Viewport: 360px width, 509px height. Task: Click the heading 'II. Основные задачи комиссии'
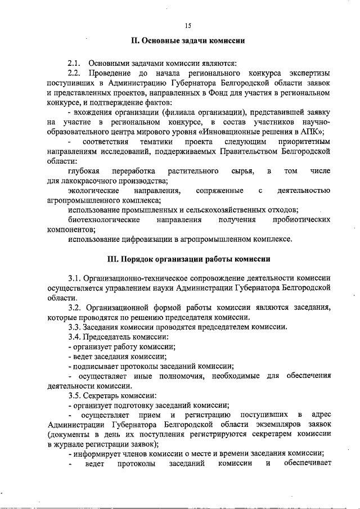[187, 41]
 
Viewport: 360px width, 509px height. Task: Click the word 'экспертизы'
[310, 73]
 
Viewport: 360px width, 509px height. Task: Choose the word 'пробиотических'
[301, 219]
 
